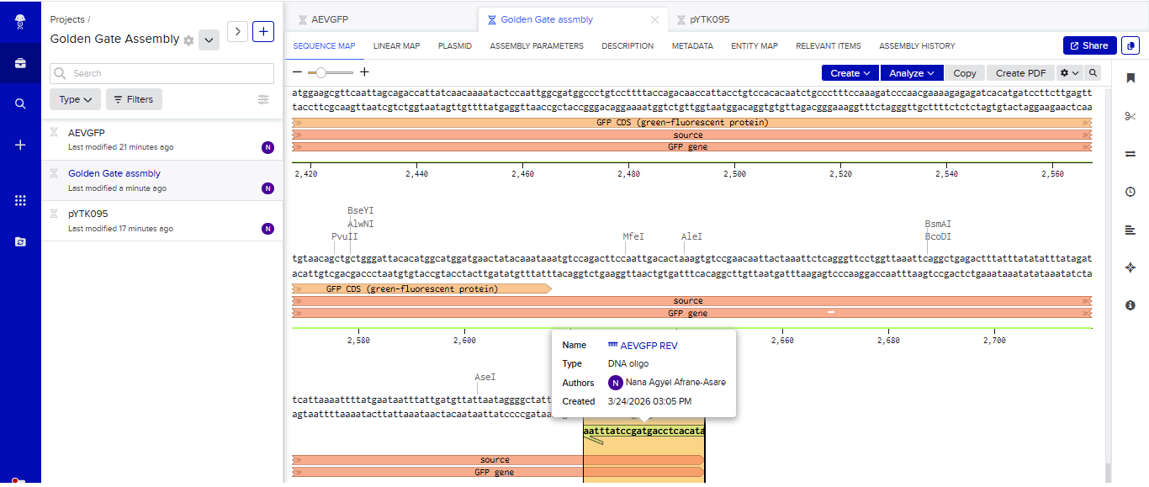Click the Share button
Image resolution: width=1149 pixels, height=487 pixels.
pos(1089,45)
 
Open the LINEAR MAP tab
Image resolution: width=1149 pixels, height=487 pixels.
pos(396,45)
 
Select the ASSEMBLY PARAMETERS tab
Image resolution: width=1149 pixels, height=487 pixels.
pos(537,45)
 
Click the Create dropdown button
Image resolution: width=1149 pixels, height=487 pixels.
pos(850,73)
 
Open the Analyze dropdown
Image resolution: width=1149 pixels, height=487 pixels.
pos(912,73)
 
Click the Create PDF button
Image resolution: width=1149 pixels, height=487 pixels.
pos(1020,73)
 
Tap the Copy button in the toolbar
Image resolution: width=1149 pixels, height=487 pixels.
pos(964,73)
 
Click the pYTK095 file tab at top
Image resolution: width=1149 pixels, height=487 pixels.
pos(709,19)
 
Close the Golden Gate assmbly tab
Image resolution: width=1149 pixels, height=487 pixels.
pos(654,19)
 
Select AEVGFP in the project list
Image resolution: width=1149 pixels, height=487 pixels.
pos(86,133)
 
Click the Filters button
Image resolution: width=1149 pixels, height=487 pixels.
pos(134,99)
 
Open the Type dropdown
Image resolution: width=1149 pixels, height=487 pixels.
pos(76,99)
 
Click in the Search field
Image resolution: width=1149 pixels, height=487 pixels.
pos(162,73)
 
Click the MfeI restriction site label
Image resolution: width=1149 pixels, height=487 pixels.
pos(633,236)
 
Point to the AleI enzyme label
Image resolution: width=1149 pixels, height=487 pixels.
pos(691,236)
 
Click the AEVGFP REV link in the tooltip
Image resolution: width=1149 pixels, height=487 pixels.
pos(649,346)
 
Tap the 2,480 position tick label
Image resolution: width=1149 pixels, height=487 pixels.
pos(628,174)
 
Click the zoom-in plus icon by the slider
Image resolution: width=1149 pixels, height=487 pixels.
pos(364,72)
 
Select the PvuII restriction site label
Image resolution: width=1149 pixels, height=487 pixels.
pos(344,236)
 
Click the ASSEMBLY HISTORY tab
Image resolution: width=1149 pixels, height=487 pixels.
pos(917,45)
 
